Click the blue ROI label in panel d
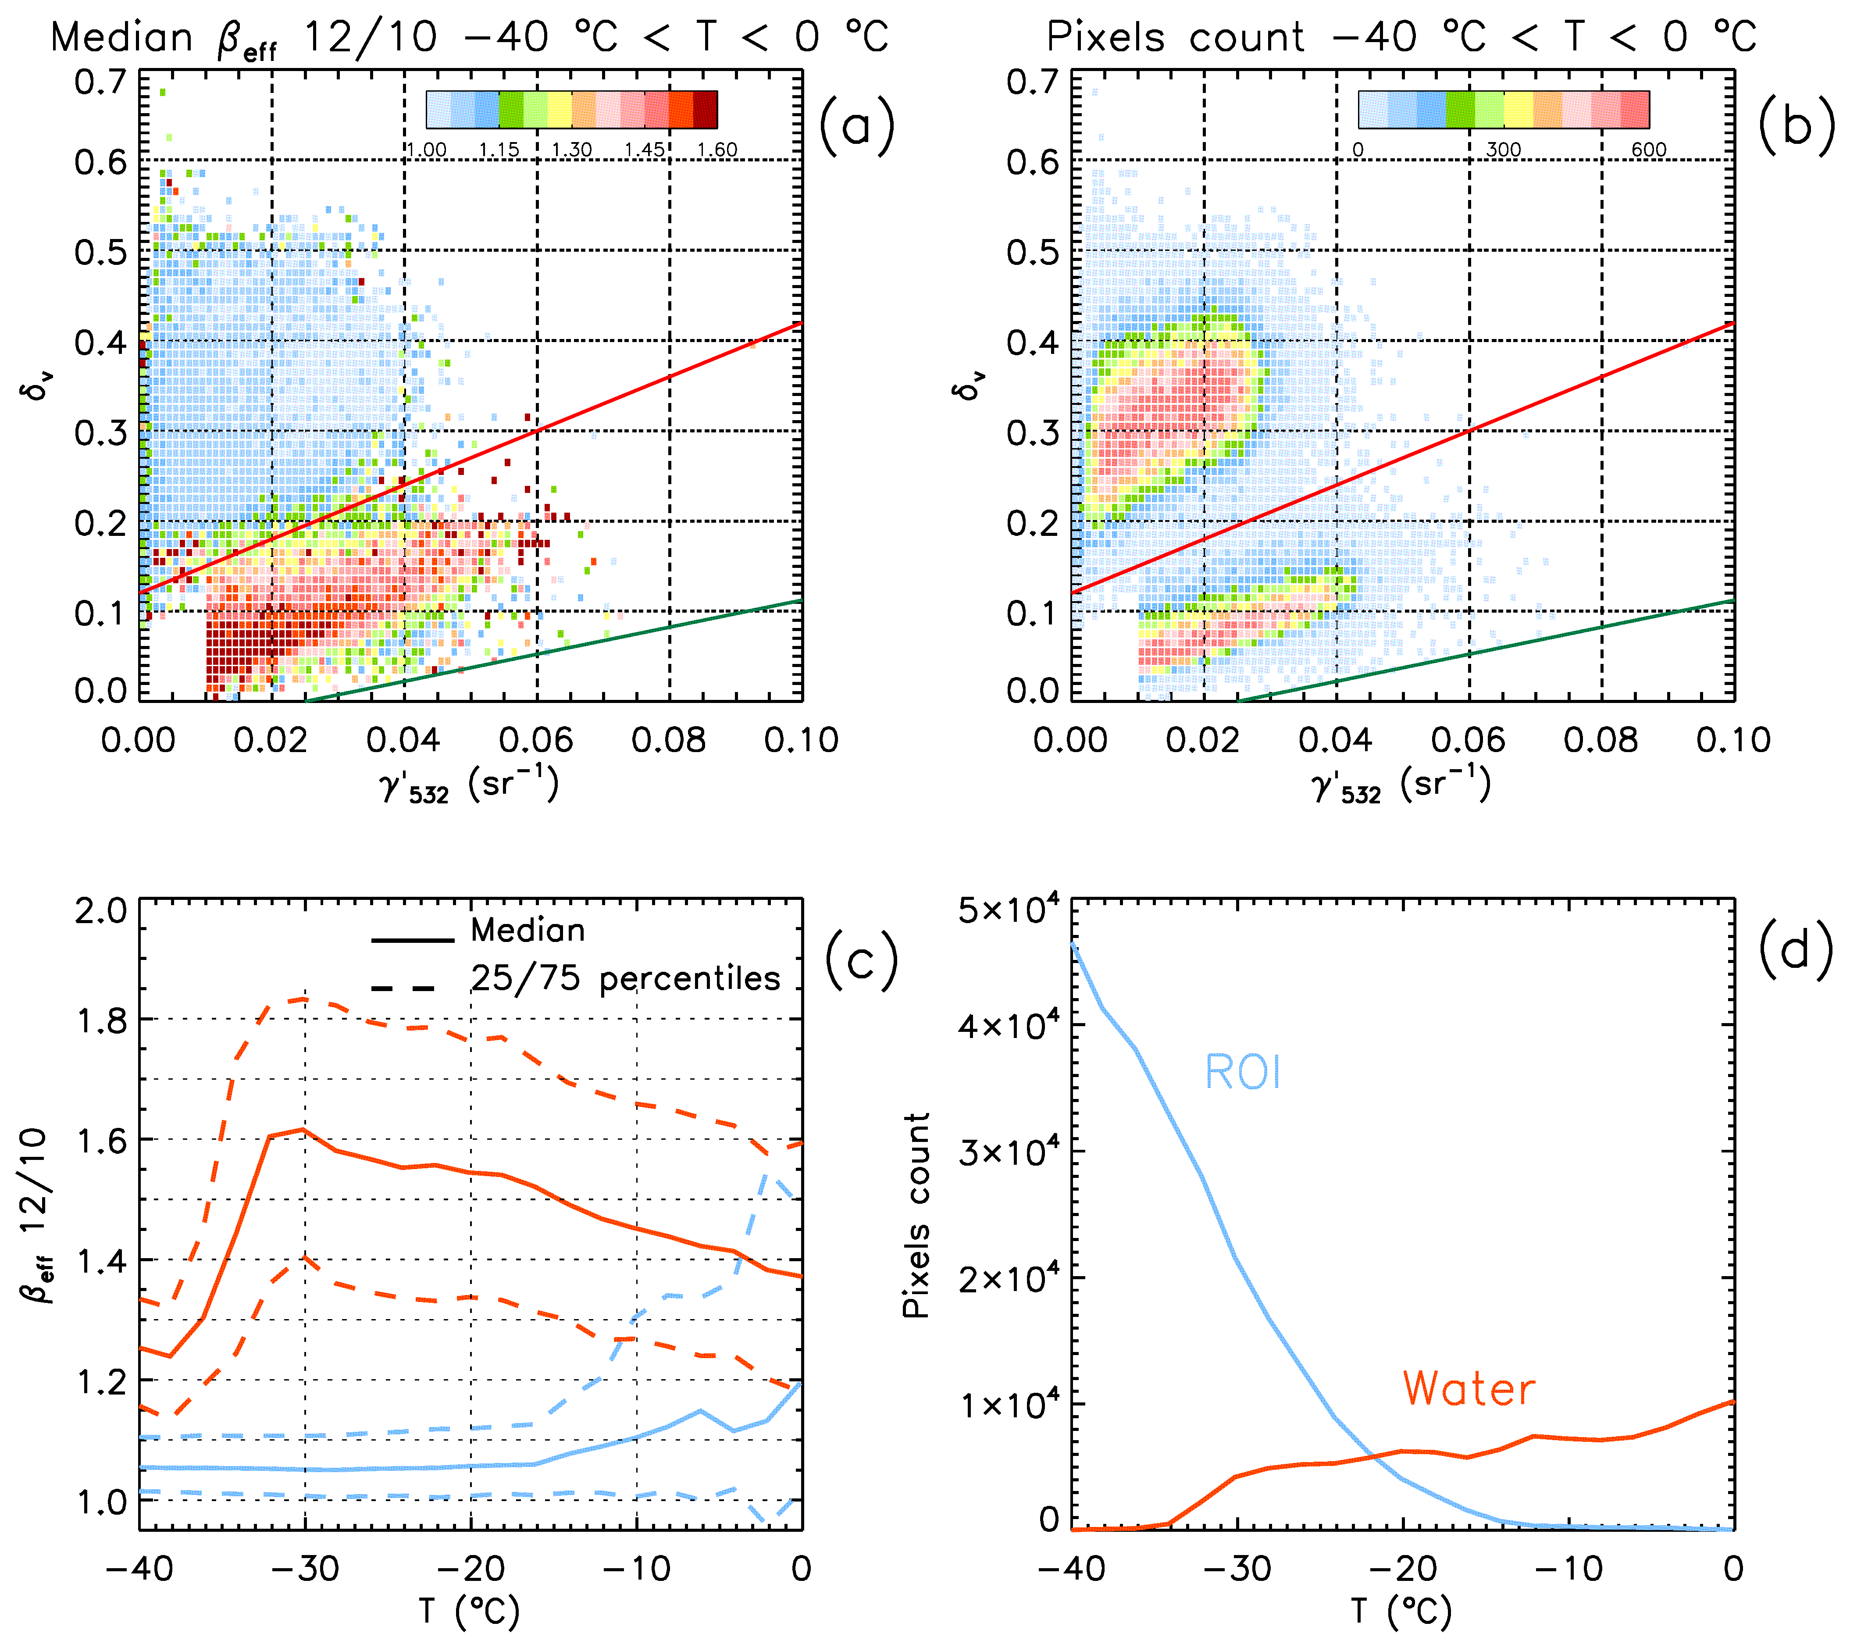pos(1242,1073)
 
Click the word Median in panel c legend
pos(528,931)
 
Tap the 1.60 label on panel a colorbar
pos(717,150)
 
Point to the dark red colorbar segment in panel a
pos(706,110)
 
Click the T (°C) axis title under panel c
pos(469,1612)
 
